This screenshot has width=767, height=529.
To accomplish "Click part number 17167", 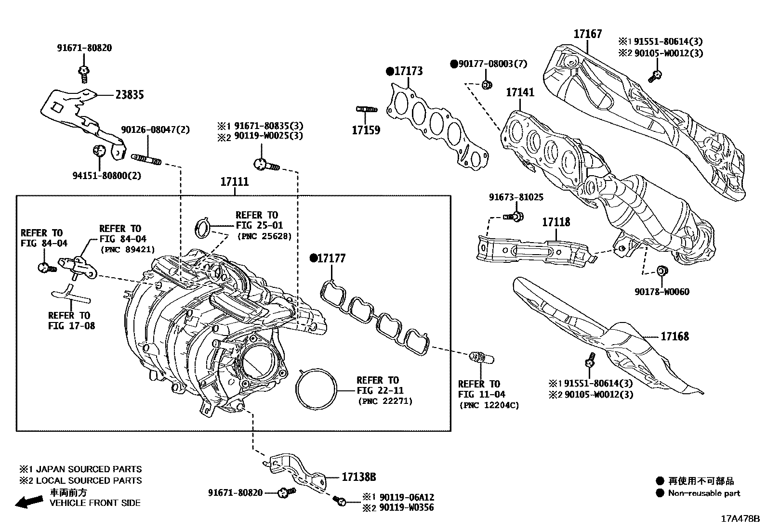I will pos(587,34).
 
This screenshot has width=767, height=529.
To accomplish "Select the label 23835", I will pos(129,95).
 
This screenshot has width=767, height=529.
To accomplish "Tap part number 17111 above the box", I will pos(235,182).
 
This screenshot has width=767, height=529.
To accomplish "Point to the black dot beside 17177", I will pos(313,258).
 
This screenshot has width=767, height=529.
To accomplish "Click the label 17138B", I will pos(358,477).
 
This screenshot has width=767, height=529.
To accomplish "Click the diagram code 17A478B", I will pos(740,519).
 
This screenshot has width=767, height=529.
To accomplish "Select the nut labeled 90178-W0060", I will pos(662,271).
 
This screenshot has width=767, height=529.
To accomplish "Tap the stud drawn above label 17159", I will pos(366,109).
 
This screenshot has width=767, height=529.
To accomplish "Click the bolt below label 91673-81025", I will pos(515,217).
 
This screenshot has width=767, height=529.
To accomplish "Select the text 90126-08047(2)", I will pos(155,129).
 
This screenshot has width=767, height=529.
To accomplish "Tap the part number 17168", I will pos(674,336).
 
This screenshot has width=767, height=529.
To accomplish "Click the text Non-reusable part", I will pos(704,493).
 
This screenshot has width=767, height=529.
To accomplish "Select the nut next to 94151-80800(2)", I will pos(99,150).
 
